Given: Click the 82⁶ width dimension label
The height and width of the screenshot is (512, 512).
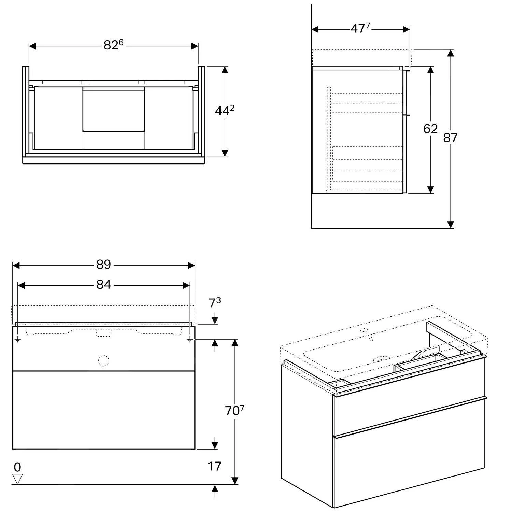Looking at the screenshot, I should pos(113,45).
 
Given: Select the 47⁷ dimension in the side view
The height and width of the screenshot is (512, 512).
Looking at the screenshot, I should pos(360,29).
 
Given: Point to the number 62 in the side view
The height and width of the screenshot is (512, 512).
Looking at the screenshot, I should pos(430,129).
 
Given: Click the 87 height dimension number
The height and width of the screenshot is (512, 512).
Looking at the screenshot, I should pos(450,138).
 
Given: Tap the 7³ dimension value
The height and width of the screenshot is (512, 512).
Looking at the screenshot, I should pos(215,303).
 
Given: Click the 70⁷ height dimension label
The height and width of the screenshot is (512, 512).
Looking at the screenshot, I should pos(234,411).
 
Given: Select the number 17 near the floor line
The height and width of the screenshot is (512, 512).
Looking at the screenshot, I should pos(214,466).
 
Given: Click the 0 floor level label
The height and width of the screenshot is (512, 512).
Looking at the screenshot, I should pos(17,467).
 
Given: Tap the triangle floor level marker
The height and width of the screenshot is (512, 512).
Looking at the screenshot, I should pos(17,479).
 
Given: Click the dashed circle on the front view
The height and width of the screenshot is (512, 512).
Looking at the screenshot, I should pos(103,361).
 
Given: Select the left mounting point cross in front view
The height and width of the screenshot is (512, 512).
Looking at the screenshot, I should pos(18,339).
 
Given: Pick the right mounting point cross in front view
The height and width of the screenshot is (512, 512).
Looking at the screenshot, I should pos(190,339).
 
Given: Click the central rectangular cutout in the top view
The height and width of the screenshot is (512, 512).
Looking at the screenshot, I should pos(114,109).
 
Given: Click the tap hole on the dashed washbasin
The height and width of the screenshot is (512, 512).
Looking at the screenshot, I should pos(364,330).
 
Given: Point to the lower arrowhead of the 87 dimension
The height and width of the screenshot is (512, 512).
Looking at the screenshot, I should pos(451,224).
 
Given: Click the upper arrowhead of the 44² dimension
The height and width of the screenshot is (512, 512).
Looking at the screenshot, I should pos(225,70).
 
